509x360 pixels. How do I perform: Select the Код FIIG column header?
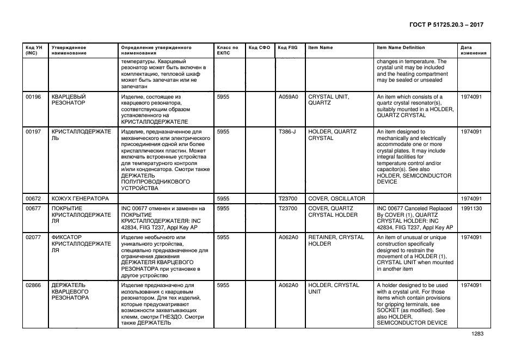point(287,47)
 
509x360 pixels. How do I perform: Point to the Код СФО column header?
point(259,47)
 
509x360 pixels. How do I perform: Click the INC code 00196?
point(33,97)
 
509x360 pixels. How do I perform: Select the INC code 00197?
point(33,132)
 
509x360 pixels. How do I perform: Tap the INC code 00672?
point(33,198)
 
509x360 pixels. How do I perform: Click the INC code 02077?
point(33,237)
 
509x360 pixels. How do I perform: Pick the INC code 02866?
point(33,285)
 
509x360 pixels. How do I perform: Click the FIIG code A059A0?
point(288,97)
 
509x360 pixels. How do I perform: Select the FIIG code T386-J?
point(287,132)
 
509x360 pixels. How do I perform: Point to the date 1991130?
point(471,208)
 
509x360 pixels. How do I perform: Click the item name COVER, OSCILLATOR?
point(336,198)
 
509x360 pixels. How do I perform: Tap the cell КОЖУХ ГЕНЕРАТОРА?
point(80,198)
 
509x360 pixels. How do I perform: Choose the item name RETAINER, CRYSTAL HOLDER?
point(336,241)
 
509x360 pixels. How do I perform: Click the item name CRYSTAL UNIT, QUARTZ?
point(328,100)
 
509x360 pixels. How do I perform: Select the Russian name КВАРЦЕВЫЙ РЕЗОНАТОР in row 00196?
point(69,100)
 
